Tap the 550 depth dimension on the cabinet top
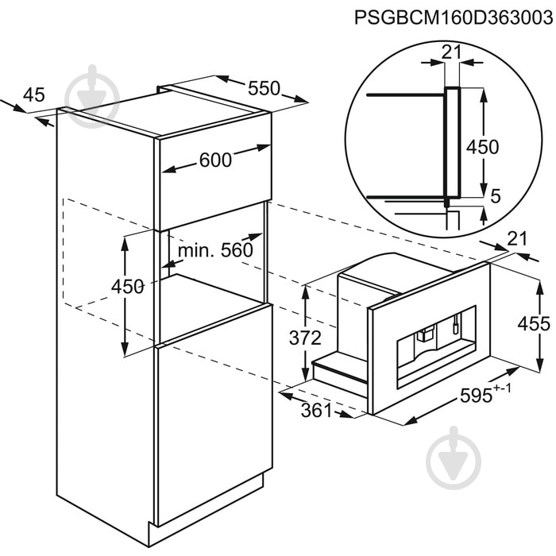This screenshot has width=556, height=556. [x=264, y=88]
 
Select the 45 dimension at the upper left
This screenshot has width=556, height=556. [x=33, y=95]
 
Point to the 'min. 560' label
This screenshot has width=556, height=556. [x=214, y=250]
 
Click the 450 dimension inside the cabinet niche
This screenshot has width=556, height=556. [x=127, y=287]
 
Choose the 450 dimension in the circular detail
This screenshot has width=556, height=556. [x=482, y=146]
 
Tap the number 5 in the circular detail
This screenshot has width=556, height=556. [x=496, y=196]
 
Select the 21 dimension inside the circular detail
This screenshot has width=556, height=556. [x=451, y=52]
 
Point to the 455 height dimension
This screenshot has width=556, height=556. [x=534, y=323]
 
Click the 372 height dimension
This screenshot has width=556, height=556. [x=305, y=338]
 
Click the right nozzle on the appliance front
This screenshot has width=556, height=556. [x=457, y=324]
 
